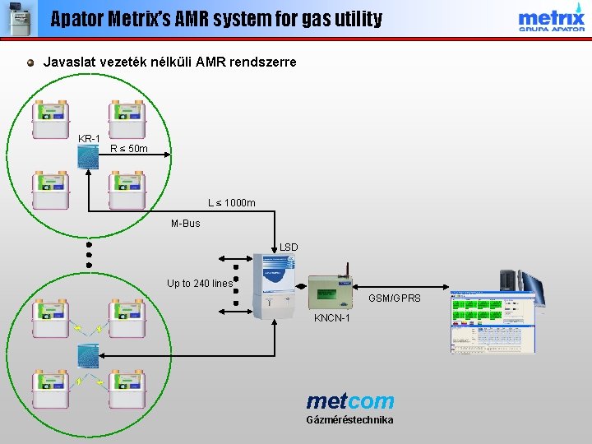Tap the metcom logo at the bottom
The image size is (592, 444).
(x=350, y=401)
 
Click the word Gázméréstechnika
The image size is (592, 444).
(x=349, y=420)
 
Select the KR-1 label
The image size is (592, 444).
(x=89, y=138)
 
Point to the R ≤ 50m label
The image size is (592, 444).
(x=129, y=149)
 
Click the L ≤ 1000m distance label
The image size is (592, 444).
(x=231, y=203)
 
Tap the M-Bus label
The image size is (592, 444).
(x=185, y=223)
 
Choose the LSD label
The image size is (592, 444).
(x=289, y=247)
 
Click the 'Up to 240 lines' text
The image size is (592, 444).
(x=200, y=284)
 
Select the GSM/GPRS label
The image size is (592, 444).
(x=394, y=298)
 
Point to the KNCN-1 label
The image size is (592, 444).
(x=331, y=318)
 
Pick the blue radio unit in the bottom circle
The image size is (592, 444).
(x=88, y=355)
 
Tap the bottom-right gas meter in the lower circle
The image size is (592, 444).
(x=127, y=387)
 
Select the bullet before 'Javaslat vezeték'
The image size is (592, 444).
(x=30, y=62)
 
